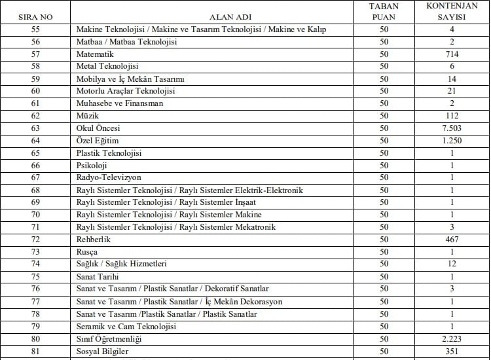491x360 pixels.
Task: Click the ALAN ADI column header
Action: pyautogui.click(x=228, y=16)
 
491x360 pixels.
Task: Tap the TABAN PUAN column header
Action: pyautogui.click(x=383, y=10)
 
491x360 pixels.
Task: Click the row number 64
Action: pyautogui.click(x=35, y=141)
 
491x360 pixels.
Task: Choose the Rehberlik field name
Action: pyautogui.click(x=94, y=240)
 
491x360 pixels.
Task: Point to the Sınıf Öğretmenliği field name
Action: pyautogui.click(x=109, y=338)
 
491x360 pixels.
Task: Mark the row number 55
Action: pyautogui.click(x=35, y=29)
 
